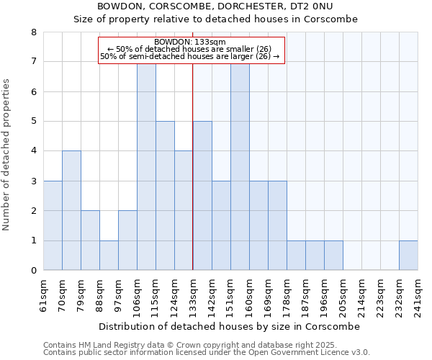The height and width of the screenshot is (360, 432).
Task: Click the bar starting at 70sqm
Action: (x=71, y=210)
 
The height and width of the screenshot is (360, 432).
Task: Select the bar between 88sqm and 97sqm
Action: (x=109, y=255)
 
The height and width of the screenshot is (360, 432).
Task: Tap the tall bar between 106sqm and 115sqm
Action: (x=146, y=166)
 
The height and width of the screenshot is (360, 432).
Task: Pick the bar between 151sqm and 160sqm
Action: (x=240, y=166)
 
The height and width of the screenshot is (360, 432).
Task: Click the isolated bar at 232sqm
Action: (x=408, y=255)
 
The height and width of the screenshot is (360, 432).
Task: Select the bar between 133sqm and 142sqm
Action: (x=202, y=195)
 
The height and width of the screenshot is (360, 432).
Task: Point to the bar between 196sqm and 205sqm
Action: (x=333, y=255)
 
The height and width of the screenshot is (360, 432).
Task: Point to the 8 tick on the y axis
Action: (x=33, y=32)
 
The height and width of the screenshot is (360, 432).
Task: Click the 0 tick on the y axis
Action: (x=33, y=271)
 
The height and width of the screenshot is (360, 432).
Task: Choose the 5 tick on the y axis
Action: (x=33, y=121)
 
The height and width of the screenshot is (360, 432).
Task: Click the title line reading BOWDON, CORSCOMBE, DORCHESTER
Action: (x=215, y=6)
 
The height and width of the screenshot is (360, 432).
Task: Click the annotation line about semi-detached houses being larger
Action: (x=190, y=56)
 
